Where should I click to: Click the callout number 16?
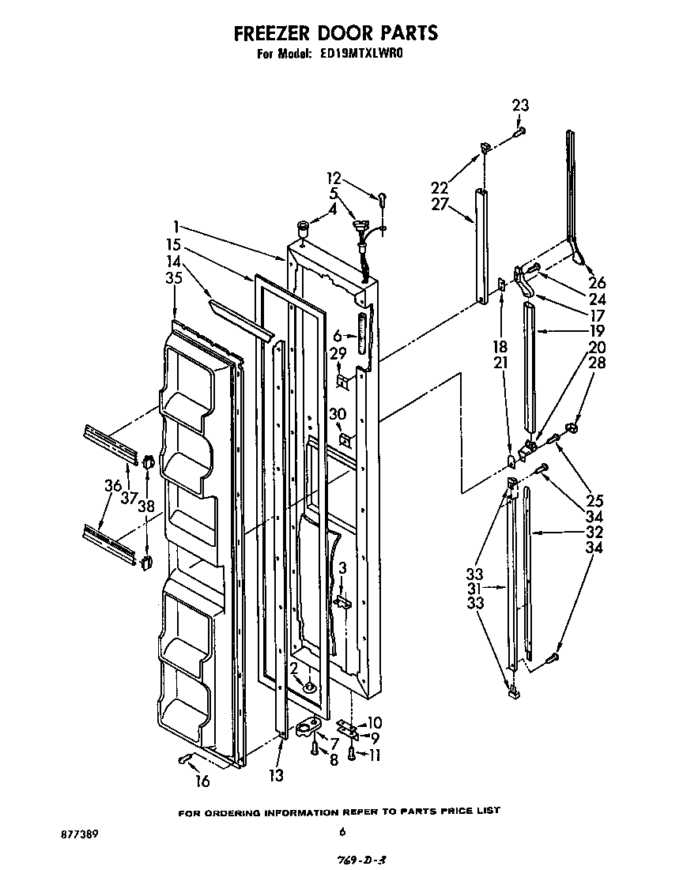coord(202,781)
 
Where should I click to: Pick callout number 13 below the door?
coord(275,776)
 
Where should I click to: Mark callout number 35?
coord(175,277)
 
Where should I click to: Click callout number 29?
coord(338,352)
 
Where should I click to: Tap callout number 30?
coord(338,413)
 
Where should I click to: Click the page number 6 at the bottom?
coord(341,831)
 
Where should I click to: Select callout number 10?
coord(375,722)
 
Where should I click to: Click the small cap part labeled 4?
coord(302,228)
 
